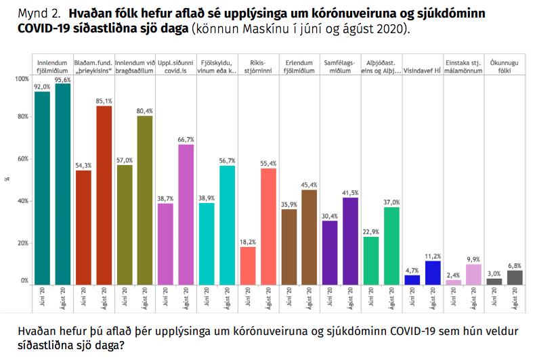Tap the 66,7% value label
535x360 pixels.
tap(186, 139)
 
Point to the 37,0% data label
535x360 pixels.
tap(391, 202)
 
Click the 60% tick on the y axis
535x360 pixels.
tap(22, 159)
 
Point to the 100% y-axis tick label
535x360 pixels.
tap(21, 80)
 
